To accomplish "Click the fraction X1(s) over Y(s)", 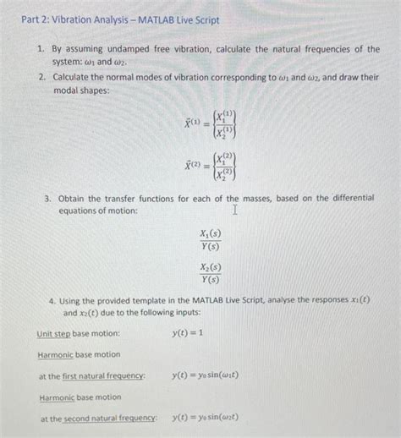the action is click(x=209, y=240).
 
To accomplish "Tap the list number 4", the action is click(x=52, y=300).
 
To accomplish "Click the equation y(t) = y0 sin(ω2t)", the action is click(x=206, y=417).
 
